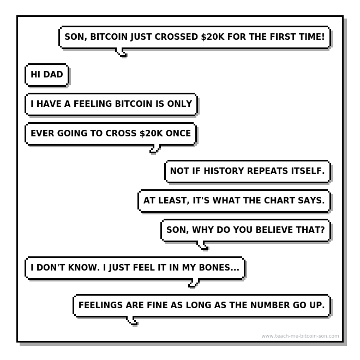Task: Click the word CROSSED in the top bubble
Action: pos(175,38)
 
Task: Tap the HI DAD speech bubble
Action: pos(47,75)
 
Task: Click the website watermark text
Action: pos(300,336)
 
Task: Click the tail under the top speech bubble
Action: pos(122,52)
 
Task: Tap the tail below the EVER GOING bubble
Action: pos(155,148)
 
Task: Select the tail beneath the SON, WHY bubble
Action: pos(203,245)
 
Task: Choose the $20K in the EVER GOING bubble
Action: pos(151,134)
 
